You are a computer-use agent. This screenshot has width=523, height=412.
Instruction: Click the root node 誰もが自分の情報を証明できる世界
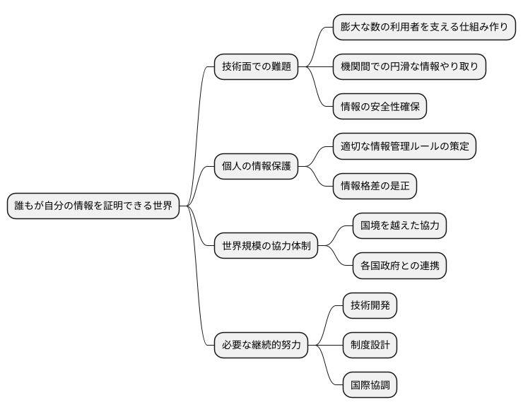point(93,206)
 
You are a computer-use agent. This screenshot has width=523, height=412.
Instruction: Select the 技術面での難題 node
point(256,67)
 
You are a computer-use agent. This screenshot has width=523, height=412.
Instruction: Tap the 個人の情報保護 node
point(256,167)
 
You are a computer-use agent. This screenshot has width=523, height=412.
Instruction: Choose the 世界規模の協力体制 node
point(266,246)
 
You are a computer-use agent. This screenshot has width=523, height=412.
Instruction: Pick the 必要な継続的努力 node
point(261,346)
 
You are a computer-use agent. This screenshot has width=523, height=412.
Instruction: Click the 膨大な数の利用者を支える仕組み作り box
point(424,27)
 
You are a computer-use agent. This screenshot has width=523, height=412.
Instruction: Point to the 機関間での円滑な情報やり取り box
point(409,67)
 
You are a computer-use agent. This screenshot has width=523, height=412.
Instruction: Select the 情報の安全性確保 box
point(380,107)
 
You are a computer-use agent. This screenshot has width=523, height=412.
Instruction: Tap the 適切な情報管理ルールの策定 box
point(404,146)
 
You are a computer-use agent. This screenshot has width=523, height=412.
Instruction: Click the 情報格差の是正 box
point(375,187)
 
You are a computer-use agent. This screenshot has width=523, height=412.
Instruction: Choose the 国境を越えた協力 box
point(399,226)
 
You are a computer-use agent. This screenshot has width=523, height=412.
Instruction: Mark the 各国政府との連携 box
point(399,266)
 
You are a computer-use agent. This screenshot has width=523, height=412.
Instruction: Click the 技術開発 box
point(369,306)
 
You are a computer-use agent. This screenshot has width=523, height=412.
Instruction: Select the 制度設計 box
point(369,346)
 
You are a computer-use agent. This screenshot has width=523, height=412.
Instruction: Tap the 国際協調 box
point(369,386)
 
